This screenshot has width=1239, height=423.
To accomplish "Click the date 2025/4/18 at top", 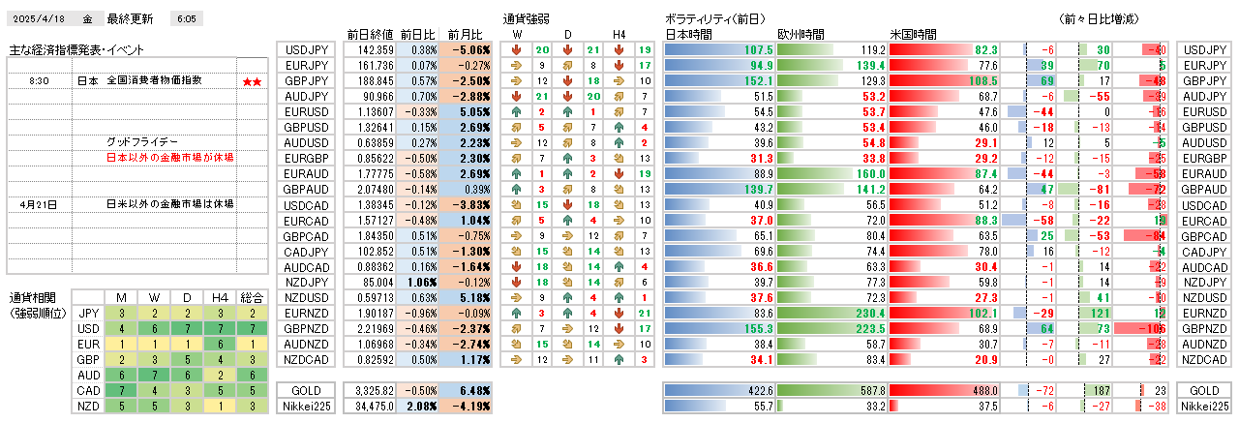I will pyautogui.click(x=39, y=18).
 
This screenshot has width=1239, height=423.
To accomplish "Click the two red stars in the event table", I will pyautogui.click(x=252, y=81).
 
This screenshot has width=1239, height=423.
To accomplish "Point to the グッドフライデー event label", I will pyautogui.click(x=143, y=142).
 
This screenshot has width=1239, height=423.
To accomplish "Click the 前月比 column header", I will pyautogui.click(x=469, y=34).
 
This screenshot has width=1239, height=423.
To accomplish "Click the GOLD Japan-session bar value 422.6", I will pyautogui.click(x=751, y=390).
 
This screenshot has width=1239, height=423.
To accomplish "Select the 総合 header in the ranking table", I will pyautogui.click(x=251, y=297).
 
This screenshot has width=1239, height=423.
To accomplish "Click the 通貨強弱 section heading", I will pyautogui.click(x=527, y=18).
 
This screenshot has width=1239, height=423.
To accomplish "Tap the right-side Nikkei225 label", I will pyautogui.click(x=1204, y=407).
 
